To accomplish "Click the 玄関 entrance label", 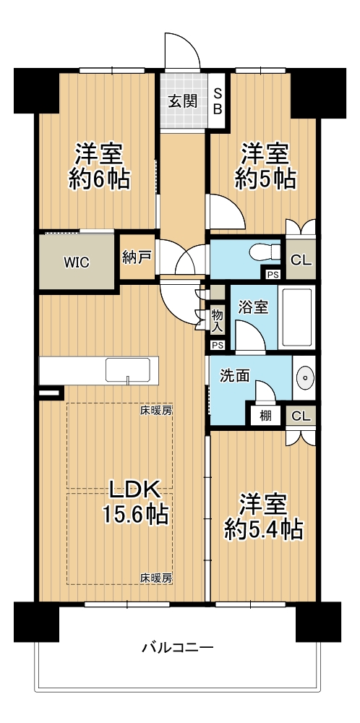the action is click(182, 101).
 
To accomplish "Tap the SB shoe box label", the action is click(218, 100).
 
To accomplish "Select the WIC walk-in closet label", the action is click(77, 262).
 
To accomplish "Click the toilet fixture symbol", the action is click(265, 252).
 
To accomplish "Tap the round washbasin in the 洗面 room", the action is click(304, 377).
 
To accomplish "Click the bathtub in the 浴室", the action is click(297, 318).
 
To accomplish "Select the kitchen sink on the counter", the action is click(128, 370).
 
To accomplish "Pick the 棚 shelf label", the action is click(265, 416).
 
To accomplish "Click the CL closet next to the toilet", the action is click(301, 259).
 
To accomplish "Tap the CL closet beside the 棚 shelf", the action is click(301, 416).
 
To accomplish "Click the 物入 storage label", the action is click(218, 321).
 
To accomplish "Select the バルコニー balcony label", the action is click(177, 648).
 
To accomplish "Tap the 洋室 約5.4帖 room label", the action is click(263, 516).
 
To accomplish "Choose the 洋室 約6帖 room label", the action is click(99, 166).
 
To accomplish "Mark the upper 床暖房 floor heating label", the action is click(156, 410).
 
